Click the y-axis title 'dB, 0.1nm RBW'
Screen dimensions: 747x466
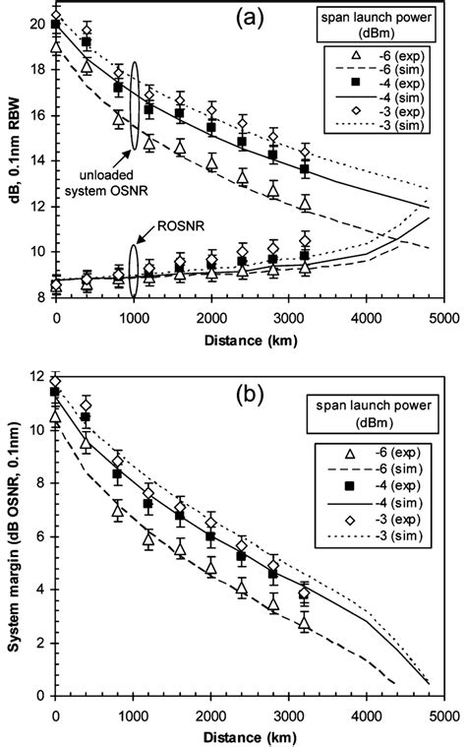pos(13,162)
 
